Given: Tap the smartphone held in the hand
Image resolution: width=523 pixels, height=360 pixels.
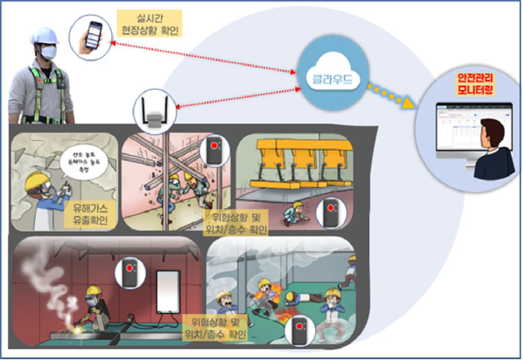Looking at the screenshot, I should [x=93, y=35].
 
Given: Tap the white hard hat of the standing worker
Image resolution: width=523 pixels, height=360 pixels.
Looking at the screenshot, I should [x=44, y=34].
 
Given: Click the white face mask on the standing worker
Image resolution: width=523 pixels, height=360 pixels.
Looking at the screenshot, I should [x=49, y=51].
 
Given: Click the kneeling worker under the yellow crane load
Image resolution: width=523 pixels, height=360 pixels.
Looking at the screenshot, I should [x=295, y=214].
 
